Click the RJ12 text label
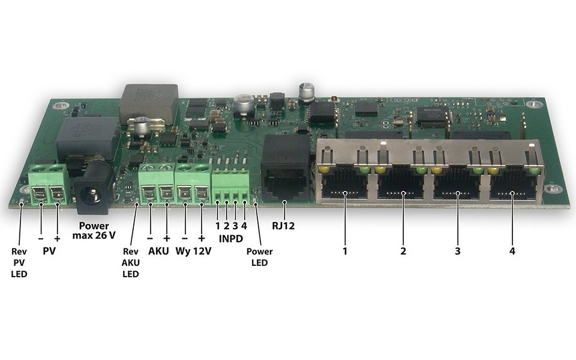coord(283,226)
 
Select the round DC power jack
coord(93,187)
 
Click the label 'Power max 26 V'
coord(94,230)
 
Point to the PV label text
coord(49,251)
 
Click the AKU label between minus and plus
coord(158,251)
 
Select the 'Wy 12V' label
coord(193,251)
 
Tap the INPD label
coord(230,239)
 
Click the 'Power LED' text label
coord(259,257)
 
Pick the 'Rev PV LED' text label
coord(19,263)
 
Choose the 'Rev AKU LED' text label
coord(130,263)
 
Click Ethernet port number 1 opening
coord(344,183)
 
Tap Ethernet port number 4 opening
coord(512,184)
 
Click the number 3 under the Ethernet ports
coord(457,251)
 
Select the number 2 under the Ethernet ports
coord(403,251)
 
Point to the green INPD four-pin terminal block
coord(230,186)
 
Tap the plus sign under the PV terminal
coord(57,239)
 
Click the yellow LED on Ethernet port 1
coord(325,169)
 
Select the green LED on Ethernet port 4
coord(535,170)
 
